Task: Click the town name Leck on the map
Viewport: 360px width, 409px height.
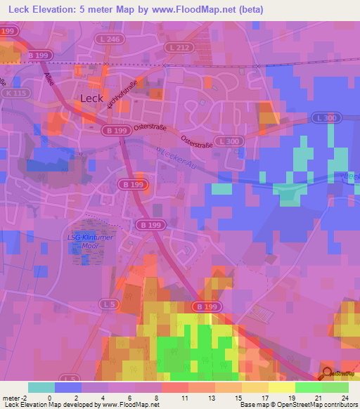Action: pyautogui.click(x=91, y=98)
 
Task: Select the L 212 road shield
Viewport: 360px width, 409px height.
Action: pyautogui.click(x=179, y=47)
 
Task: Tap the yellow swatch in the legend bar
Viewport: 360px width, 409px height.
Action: pyautogui.click(x=282, y=387)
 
